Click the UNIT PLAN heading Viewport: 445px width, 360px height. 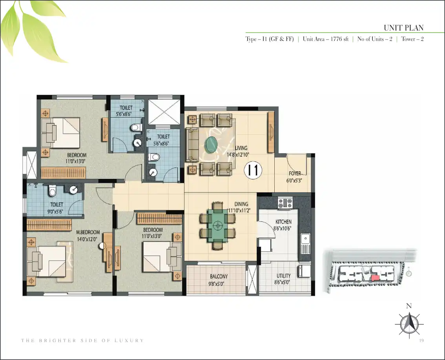coord(403,27)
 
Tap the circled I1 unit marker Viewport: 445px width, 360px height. coord(253,170)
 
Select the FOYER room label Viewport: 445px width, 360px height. coord(295,173)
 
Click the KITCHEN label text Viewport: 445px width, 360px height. coord(283,222)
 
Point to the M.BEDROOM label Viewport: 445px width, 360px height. coord(88,232)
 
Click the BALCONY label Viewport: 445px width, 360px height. coord(219,276)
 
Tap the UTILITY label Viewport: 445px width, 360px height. coord(283,276)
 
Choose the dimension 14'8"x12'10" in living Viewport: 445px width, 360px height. coord(238,155)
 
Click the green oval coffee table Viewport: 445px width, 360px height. coord(212,144)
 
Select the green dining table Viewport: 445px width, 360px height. coord(218,225)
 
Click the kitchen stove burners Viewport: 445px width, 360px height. coord(285,203)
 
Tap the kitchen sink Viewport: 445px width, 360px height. coord(305,243)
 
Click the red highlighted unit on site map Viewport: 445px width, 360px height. coord(376,278)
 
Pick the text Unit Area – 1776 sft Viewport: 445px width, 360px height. coord(326,39)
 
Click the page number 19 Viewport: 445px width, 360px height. coord(421,340)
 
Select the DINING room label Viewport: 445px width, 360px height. coord(241,204)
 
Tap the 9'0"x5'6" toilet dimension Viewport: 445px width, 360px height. coord(55,211)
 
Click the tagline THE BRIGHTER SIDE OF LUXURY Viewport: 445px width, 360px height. coord(82,340)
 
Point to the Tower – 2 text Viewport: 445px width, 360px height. coord(412,39)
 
